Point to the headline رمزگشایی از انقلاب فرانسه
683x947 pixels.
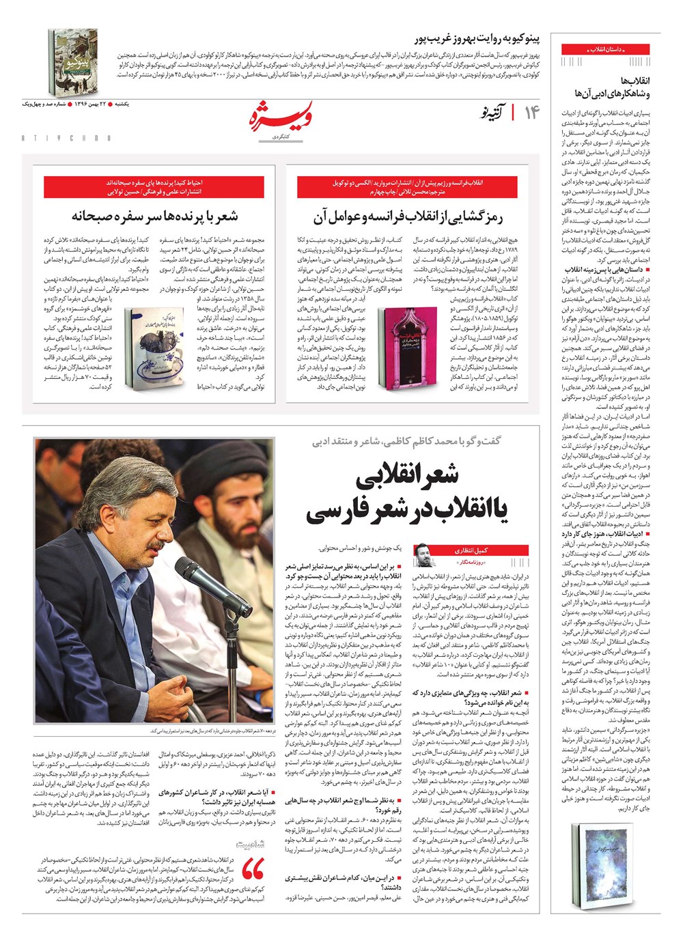(x=408, y=217)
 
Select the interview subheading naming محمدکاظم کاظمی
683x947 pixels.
(x=406, y=440)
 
